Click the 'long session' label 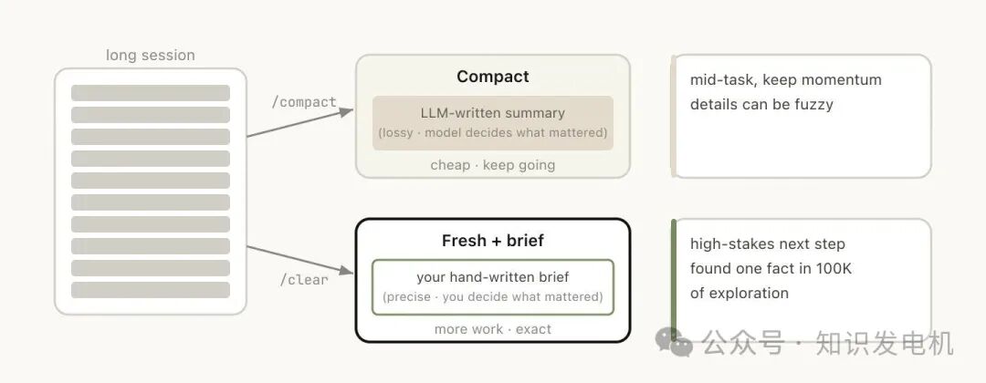pos(150,55)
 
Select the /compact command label pos(304,102)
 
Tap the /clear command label pos(304,279)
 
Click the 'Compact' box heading pos(493,77)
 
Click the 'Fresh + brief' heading pos(493,241)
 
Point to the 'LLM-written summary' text pos(493,113)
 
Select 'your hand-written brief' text pos(493,277)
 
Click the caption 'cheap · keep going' pos(493,165)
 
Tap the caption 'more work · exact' pos(493,329)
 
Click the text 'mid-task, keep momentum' pos(786,79)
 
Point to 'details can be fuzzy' pos(761,104)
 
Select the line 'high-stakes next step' pos(768,243)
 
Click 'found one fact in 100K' pos(771,268)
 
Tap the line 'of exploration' pos(739,293)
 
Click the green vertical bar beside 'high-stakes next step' pos(674,283)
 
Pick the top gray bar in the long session pos(151,93)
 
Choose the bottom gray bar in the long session pos(151,290)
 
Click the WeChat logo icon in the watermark pos(681,344)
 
